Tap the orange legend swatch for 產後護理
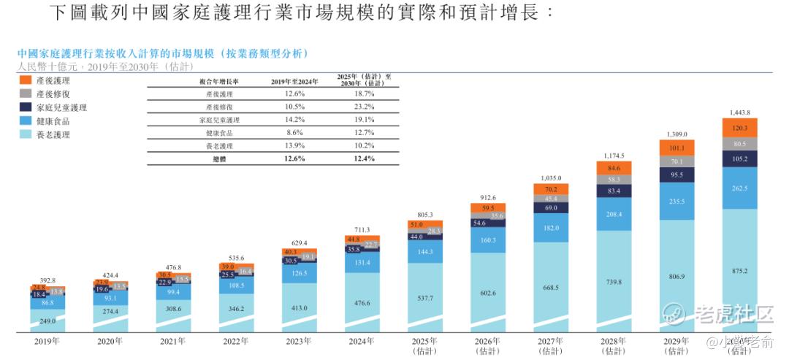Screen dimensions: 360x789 26,80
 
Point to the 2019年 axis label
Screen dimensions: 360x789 47,340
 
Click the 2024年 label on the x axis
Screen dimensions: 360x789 362,340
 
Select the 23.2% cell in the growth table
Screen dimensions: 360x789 365,107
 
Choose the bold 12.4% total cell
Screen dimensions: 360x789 365,158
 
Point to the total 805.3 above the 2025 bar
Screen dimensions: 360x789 425,215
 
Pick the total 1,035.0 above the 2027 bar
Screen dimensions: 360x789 551,177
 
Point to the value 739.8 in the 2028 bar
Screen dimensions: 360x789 614,282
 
